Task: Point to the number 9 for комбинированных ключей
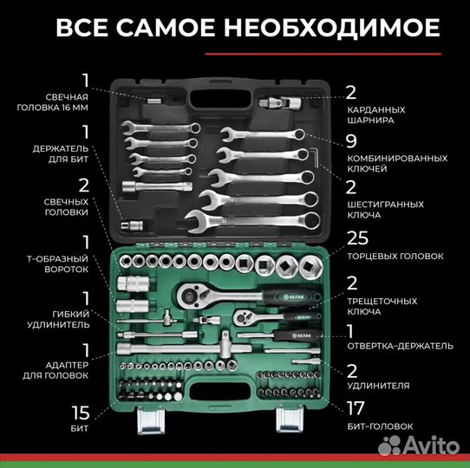[x=351, y=140]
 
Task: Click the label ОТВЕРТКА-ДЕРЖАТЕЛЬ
[x=400, y=345]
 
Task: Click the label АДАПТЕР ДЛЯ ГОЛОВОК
[x=55, y=376]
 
